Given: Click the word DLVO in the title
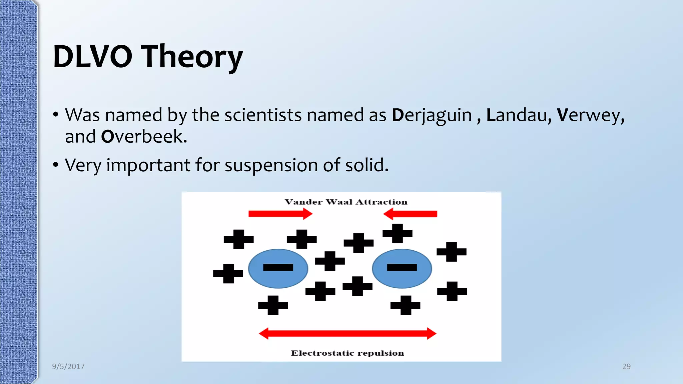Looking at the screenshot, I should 92,57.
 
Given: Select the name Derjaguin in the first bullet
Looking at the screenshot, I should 432,115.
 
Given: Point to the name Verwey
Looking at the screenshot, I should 590,115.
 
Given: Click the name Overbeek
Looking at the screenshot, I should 144,137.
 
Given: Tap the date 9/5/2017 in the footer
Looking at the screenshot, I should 68,366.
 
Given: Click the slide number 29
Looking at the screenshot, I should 626,366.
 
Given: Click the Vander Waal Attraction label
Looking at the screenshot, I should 346,202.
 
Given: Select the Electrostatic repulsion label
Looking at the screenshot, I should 347,353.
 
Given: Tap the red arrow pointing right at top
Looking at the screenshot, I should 280,214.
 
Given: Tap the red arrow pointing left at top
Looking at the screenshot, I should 410,214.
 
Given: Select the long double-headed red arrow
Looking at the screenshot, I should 347,333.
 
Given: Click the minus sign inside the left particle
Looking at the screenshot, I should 278,267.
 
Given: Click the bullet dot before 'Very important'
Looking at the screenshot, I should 56,164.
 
